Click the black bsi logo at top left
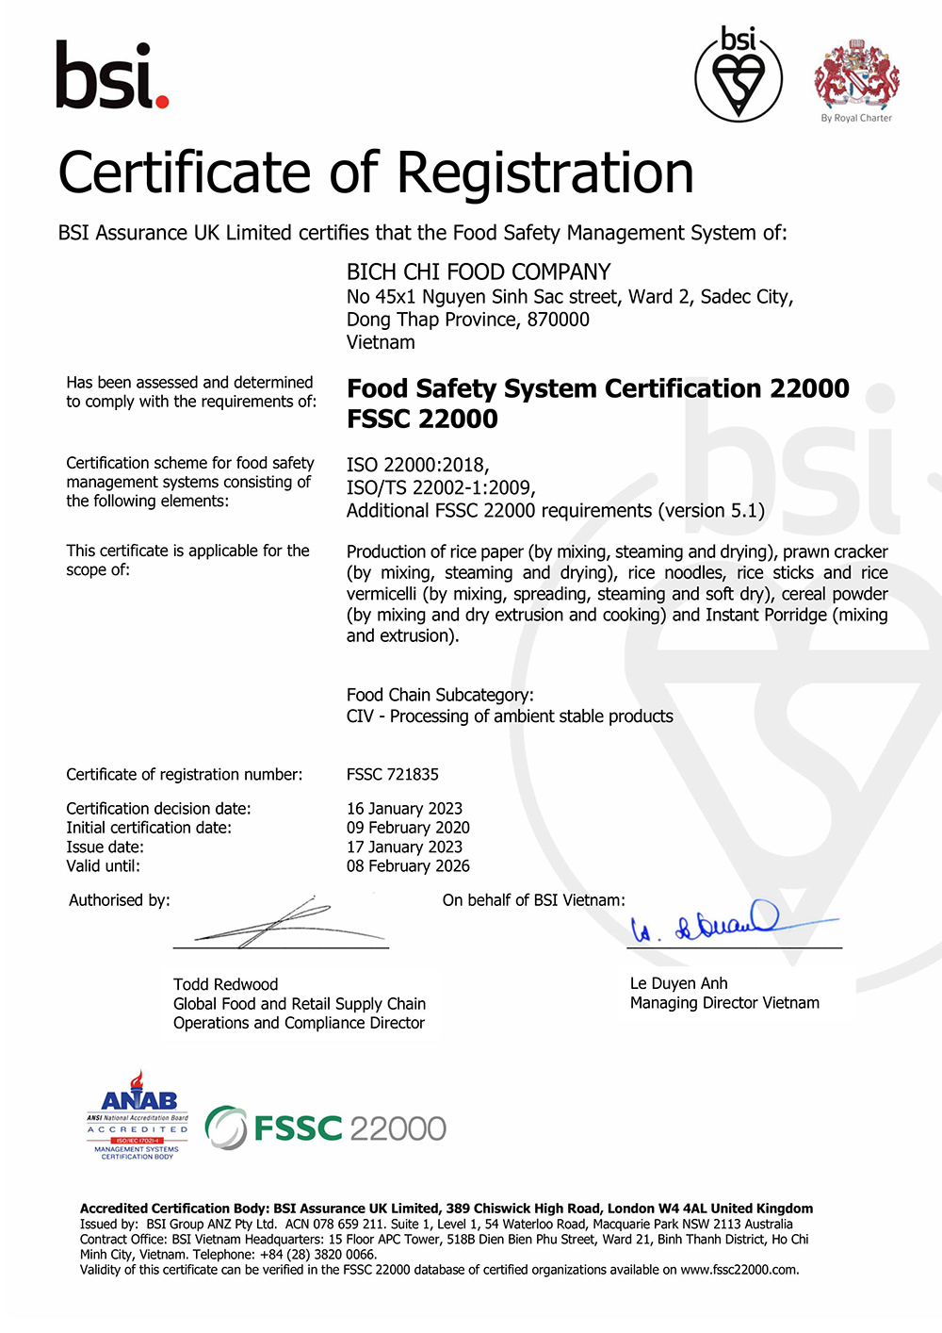(x=112, y=75)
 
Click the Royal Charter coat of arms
(x=856, y=75)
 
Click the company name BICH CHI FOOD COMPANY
(x=479, y=272)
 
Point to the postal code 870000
(x=559, y=320)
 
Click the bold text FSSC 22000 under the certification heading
(x=422, y=419)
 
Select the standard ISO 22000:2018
(x=417, y=465)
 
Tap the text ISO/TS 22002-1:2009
(x=441, y=487)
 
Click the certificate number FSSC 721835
(x=393, y=774)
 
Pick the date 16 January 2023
(x=404, y=809)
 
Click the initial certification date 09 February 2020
(x=408, y=828)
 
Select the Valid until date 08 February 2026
(x=408, y=865)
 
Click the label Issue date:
(x=105, y=847)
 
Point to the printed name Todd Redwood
(x=225, y=984)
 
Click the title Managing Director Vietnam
(x=724, y=1003)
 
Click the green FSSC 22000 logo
(x=326, y=1127)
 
